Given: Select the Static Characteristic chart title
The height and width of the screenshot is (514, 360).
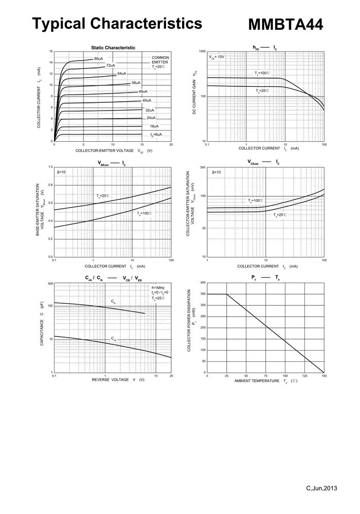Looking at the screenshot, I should (x=113, y=47).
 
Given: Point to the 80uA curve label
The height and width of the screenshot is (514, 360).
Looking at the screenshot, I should (x=99, y=59).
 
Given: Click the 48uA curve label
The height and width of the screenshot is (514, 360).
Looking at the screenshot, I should (x=143, y=91).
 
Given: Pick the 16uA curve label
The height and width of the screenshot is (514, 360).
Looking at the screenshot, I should (x=154, y=126).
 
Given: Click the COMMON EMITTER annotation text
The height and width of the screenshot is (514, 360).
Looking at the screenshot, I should (x=160, y=60).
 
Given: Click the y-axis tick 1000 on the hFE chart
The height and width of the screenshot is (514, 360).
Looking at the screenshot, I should (x=202, y=52).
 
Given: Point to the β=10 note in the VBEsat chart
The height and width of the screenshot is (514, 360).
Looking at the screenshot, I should (x=61, y=172).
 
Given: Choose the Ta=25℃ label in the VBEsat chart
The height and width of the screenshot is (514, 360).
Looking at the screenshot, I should (x=103, y=196).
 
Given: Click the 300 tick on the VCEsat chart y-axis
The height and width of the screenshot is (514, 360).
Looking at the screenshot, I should (x=203, y=168).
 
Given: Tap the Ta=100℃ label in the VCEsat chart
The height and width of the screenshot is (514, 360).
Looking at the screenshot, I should (x=256, y=200).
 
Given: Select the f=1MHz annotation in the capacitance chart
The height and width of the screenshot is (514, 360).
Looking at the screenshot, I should (x=158, y=287).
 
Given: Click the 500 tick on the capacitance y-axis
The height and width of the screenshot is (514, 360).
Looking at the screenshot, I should (x=50, y=284).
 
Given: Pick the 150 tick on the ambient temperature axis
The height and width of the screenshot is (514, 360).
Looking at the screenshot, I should (x=324, y=376).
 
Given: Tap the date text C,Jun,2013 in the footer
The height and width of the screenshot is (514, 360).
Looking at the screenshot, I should (x=321, y=488).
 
